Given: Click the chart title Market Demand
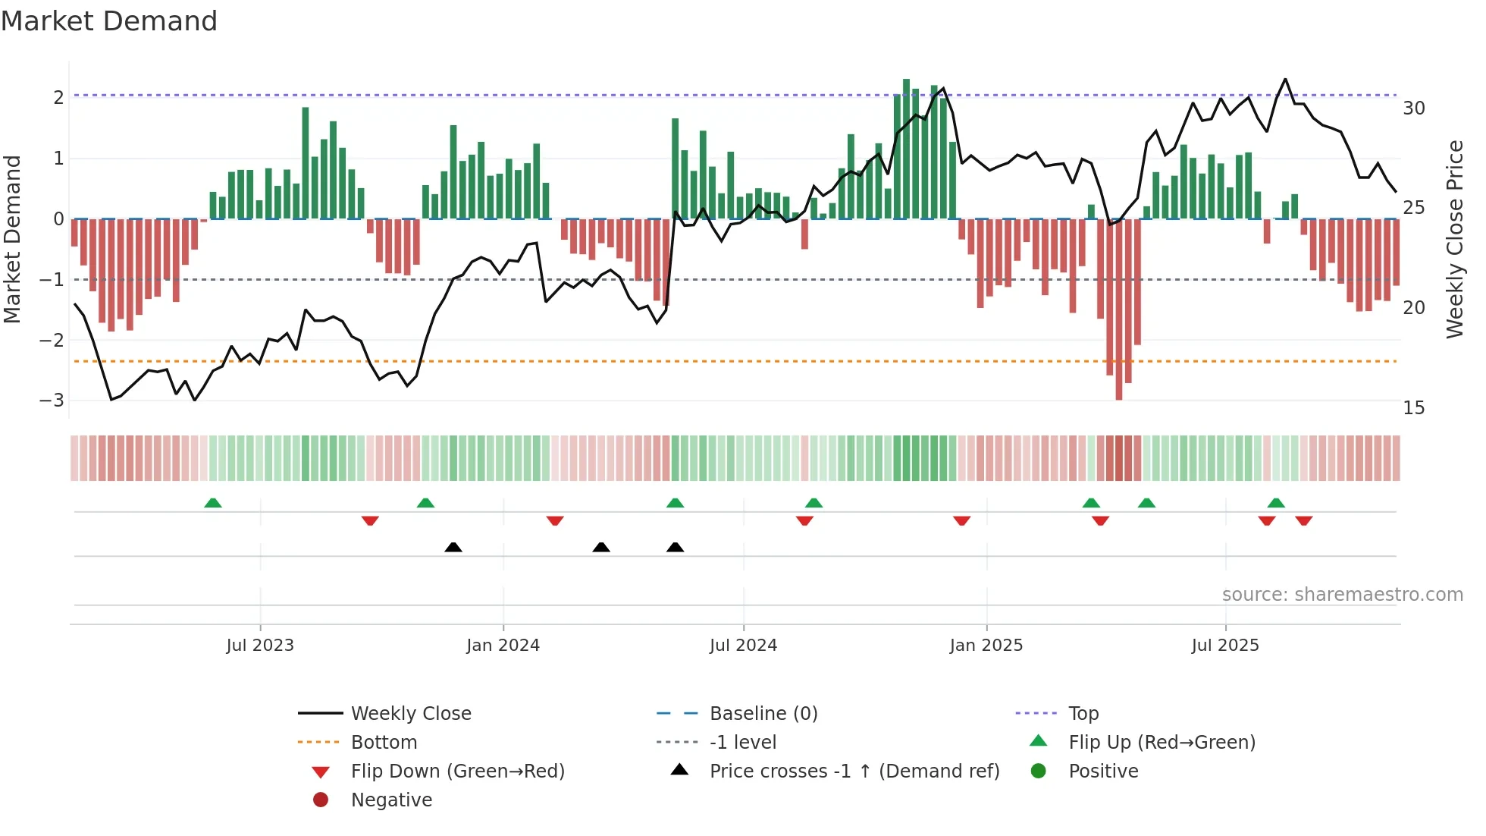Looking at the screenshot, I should tap(109, 21).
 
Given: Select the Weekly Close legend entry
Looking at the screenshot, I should tap(410, 713).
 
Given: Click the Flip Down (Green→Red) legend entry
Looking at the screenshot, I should tap(457, 771).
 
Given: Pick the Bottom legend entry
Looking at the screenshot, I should tap(384, 742).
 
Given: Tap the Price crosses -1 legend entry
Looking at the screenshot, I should tap(854, 771).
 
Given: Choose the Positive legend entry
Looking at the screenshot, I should tap(1102, 771).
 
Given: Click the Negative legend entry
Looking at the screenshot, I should tap(391, 800).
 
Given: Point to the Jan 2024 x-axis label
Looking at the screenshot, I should tap(503, 645).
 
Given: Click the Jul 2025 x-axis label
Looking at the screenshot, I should tap(1224, 645).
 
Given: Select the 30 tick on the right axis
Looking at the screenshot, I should tap(1413, 108).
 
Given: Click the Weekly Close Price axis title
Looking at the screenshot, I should tap(1454, 239).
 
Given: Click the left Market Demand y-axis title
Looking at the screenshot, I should tap(12, 239).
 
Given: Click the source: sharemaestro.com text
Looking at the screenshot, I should tap(1342, 594).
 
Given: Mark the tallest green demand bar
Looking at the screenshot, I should tap(906, 149).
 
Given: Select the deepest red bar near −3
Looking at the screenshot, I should tap(1119, 310).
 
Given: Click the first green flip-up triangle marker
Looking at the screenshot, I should tap(213, 503).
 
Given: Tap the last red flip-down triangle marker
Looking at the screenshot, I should tap(1304, 520).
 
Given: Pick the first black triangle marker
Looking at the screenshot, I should tap(453, 547).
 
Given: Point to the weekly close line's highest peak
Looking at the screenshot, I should tap(1285, 79).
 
